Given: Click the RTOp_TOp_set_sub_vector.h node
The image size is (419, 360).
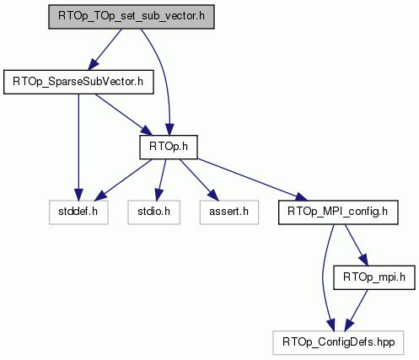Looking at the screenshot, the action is [x=132, y=17].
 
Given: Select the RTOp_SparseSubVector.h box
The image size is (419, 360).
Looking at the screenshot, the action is [x=78, y=82].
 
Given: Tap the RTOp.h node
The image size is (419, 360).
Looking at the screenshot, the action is [x=169, y=147].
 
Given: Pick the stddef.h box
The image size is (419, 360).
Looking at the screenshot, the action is [x=78, y=212].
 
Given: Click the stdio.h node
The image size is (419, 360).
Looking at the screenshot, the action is [x=153, y=212].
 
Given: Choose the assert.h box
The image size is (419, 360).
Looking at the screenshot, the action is [x=229, y=212].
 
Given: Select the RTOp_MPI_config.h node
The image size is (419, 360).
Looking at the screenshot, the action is [x=338, y=212].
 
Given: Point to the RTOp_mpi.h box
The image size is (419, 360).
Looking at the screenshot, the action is [x=374, y=277].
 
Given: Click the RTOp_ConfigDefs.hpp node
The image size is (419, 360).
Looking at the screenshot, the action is [x=338, y=342].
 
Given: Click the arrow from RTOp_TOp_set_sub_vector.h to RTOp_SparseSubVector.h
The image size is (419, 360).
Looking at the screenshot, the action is [x=105, y=50].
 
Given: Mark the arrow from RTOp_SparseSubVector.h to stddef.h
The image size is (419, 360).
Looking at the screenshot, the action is [x=78, y=147].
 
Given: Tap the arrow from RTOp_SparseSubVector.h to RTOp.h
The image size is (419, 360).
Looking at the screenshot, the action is [x=123, y=115].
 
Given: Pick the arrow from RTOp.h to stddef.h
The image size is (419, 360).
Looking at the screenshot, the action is [x=123, y=180].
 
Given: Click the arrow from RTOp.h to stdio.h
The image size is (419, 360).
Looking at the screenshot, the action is [x=160, y=180].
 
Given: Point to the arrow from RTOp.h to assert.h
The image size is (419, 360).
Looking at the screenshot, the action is [x=199, y=180].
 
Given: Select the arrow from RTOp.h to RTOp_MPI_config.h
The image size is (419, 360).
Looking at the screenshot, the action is [x=253, y=180].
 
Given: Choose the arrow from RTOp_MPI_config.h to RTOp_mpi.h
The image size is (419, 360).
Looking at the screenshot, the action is [x=356, y=245].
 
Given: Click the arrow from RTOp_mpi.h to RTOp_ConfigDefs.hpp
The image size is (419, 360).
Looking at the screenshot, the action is [x=356, y=310].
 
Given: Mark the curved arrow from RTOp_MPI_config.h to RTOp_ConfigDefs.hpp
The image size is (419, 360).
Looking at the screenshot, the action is [x=323, y=278].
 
